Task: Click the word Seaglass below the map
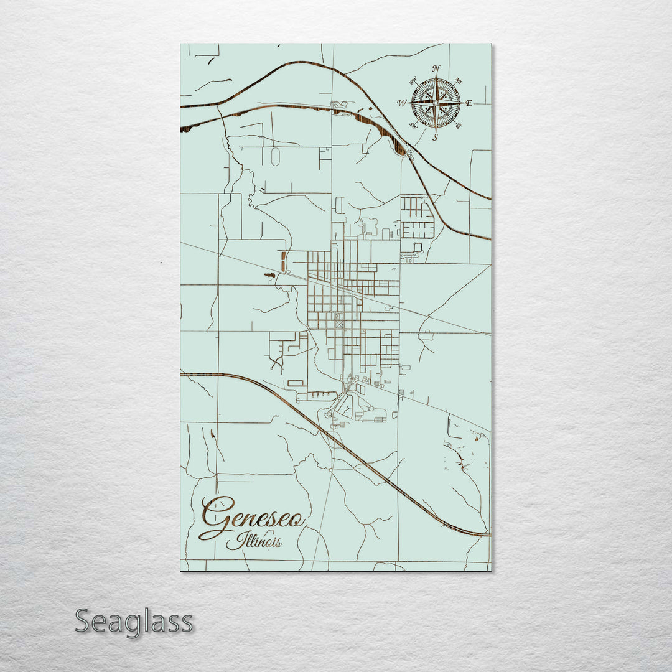(134, 622)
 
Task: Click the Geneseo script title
(252, 516)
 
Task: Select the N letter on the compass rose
(436, 68)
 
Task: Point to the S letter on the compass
(436, 137)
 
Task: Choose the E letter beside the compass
(469, 103)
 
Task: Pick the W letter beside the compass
(402, 103)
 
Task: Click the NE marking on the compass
(459, 80)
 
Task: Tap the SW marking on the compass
(413, 126)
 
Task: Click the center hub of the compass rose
(436, 103)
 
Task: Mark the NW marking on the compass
(413, 80)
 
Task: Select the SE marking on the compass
(459, 126)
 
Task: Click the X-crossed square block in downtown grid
(339, 324)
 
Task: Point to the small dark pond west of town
(269, 274)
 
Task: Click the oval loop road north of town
(275, 157)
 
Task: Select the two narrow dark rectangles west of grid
(284, 261)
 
